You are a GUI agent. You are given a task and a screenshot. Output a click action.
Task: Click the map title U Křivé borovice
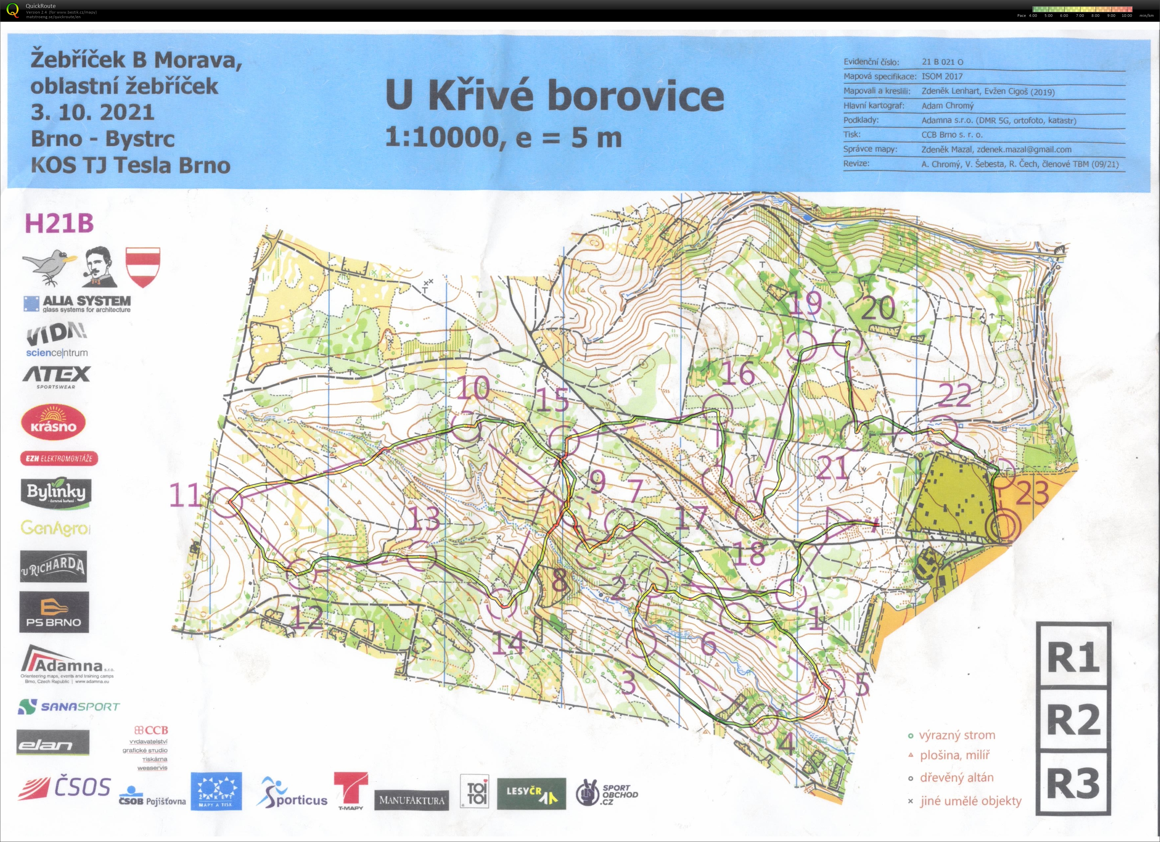(x=555, y=95)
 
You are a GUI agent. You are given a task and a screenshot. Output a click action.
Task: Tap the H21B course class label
(x=59, y=223)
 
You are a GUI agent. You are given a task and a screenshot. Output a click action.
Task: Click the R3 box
(x=1073, y=783)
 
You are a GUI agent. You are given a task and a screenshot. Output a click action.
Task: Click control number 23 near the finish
(x=1032, y=494)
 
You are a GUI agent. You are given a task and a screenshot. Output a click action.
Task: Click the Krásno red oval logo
(x=53, y=422)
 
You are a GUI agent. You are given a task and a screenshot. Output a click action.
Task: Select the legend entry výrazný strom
(x=956, y=736)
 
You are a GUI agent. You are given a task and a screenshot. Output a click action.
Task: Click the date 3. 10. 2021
(x=92, y=112)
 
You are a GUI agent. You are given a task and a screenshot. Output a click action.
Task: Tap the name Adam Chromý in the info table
(x=947, y=106)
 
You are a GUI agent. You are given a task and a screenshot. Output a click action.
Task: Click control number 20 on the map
(x=878, y=308)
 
